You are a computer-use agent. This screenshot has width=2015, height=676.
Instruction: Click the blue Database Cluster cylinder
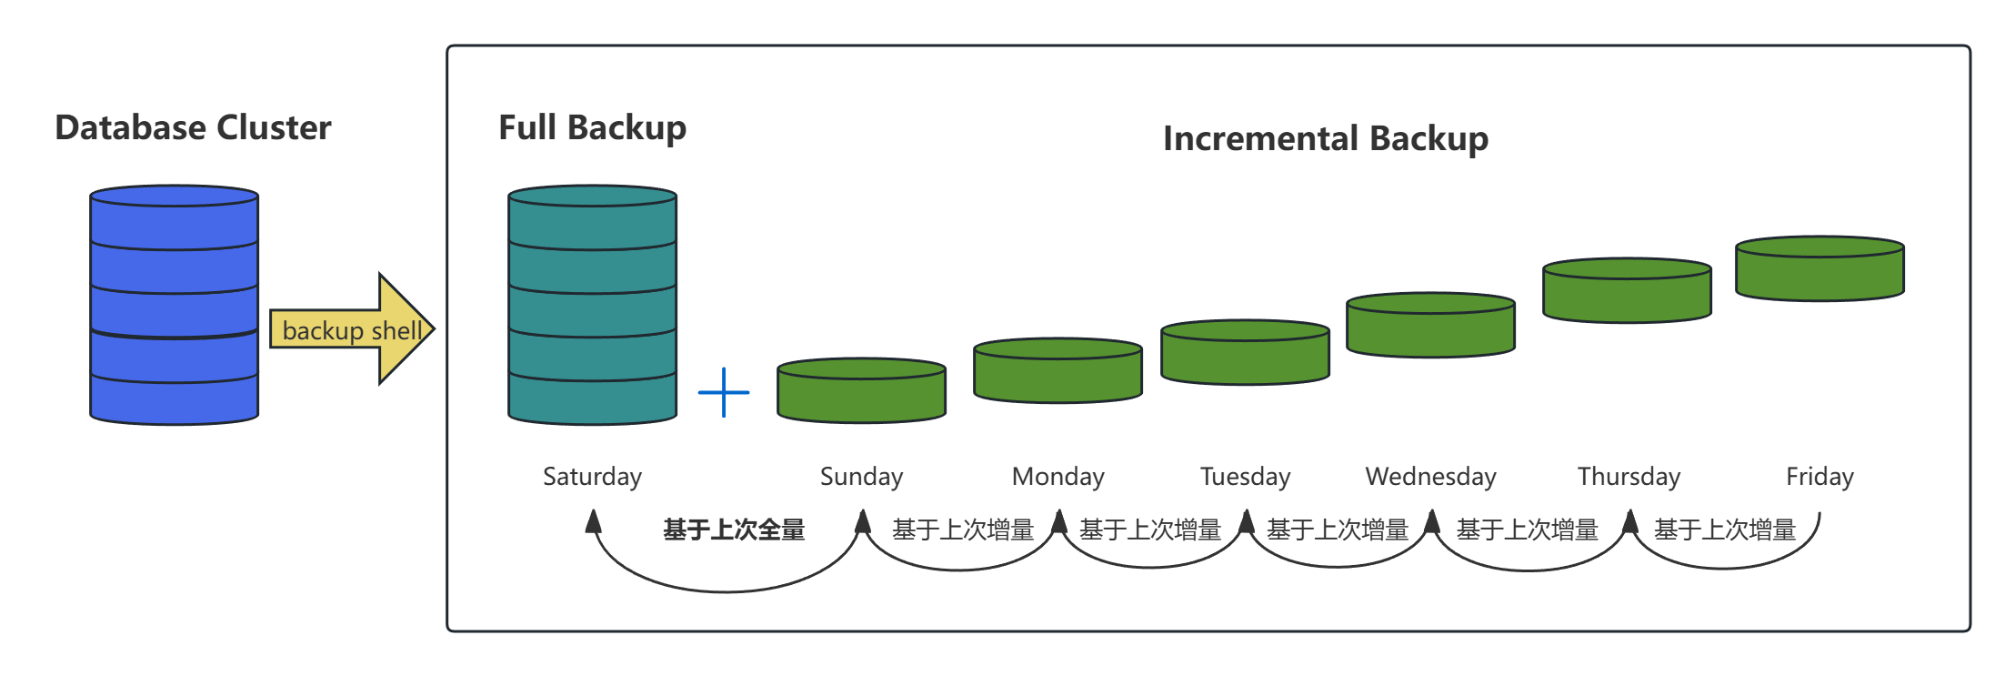[175, 305]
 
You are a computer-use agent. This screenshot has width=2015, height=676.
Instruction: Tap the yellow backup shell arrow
[351, 329]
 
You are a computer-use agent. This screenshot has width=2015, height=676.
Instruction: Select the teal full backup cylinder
[592, 305]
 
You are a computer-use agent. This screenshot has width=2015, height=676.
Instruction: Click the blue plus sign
[724, 392]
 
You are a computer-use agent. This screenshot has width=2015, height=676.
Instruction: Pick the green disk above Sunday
[861, 390]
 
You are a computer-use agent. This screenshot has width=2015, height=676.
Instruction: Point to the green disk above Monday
[1058, 370]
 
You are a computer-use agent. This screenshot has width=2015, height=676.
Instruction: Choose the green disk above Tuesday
[1245, 352]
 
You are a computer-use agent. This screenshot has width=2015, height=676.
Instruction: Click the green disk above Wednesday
[1430, 325]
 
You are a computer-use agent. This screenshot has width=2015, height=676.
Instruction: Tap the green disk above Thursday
[1627, 290]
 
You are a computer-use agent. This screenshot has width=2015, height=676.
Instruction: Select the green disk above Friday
[1820, 268]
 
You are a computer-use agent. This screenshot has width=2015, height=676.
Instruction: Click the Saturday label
[592, 476]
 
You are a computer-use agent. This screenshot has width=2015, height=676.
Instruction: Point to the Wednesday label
[1430, 476]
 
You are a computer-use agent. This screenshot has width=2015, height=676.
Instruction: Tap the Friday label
[1820, 476]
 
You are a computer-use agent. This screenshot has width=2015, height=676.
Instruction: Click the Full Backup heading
[592, 127]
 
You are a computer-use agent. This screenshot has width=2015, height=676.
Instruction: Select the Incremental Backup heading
[1325, 138]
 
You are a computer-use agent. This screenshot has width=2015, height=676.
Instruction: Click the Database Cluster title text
[193, 127]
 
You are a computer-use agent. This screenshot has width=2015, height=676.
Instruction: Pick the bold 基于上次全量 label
[734, 530]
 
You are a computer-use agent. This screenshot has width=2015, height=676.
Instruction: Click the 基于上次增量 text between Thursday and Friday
[1724, 530]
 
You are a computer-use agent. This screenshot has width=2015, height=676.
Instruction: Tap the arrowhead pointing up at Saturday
[594, 520]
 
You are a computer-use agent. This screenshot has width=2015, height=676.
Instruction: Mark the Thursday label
[1629, 476]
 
